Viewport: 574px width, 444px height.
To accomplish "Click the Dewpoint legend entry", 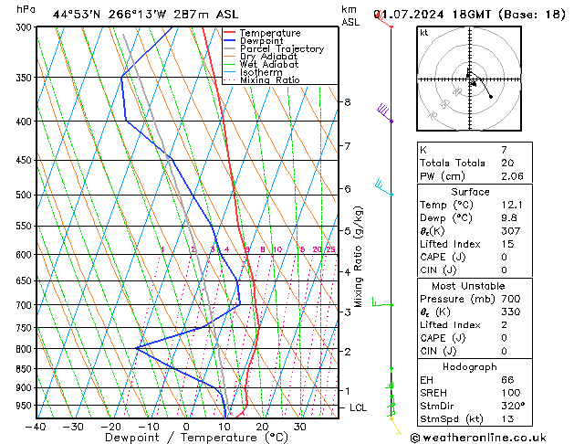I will point(269,41).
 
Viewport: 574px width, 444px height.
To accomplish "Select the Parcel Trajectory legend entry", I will point(282,49).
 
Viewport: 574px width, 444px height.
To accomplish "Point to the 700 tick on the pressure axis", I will point(21,305).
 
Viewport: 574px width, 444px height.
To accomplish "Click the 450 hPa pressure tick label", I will point(21,161).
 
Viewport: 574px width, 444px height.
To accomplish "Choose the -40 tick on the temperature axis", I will point(37,427).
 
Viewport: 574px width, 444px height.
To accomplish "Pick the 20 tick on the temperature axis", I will point(262,427).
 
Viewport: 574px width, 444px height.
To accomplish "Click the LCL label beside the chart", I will point(359,407).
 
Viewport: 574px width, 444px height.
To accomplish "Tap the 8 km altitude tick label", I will point(348,102).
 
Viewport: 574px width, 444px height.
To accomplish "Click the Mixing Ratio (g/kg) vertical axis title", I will point(360,257).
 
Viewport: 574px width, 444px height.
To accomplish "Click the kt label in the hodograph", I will point(424,33).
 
